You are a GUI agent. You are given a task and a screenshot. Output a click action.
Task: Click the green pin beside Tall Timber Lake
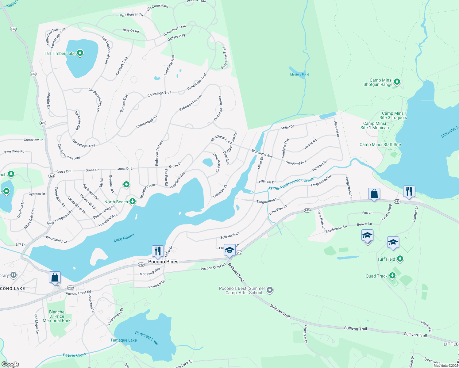pos(80,53)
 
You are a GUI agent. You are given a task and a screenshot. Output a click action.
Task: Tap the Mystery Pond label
pos(299,75)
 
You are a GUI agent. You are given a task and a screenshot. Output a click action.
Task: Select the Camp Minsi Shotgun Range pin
pos(397,82)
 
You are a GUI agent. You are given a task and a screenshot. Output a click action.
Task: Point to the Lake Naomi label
pos(124,238)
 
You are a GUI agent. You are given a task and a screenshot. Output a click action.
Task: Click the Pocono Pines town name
pos(163,262)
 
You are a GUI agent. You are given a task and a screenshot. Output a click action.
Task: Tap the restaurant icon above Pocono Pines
pos(158,251)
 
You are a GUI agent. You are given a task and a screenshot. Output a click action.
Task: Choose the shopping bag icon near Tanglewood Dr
pos(374,194)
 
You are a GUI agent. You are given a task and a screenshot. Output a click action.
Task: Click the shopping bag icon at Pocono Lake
pos(55,277)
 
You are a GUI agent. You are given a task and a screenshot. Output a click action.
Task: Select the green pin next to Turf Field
pos(400,259)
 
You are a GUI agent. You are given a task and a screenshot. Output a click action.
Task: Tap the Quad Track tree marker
pos(392,276)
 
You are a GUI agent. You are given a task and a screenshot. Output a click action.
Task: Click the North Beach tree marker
pos(133,201)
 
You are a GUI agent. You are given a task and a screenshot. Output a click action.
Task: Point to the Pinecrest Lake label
pos(147,338)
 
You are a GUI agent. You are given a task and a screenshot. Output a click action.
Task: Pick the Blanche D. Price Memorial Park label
pos(57,316)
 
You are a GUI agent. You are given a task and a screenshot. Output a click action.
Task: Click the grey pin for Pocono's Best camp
pos(270,290)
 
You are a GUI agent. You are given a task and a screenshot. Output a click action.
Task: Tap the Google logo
pos(10,364)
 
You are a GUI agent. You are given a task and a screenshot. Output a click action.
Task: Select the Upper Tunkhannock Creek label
pos(291,184)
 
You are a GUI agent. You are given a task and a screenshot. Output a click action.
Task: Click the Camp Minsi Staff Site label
pos(380,144)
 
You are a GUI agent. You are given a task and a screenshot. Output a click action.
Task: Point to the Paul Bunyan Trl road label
pos(131,15)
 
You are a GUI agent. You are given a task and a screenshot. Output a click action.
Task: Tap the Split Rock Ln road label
pos(229,236)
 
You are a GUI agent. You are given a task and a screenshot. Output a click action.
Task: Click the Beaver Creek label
pos(75,355)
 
